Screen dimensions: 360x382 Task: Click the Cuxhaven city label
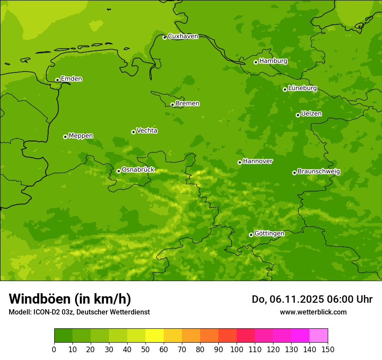click(183, 36)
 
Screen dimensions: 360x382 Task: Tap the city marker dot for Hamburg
click(256, 62)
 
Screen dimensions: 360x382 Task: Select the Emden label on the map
click(71, 79)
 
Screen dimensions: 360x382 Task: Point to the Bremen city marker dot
click(172, 105)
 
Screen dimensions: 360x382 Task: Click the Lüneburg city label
click(302, 88)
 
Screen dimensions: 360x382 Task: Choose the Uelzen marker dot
click(298, 115)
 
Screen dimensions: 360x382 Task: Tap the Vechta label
click(147, 131)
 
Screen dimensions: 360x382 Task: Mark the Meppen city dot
click(65, 137)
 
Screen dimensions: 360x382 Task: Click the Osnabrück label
click(138, 170)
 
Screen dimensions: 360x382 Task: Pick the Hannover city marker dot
click(240, 162)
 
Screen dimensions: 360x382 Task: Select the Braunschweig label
click(319, 172)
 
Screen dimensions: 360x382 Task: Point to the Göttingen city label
click(269, 233)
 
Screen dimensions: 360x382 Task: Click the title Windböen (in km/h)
click(70, 299)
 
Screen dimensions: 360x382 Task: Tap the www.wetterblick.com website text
click(313, 312)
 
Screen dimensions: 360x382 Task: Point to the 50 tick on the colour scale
click(145, 349)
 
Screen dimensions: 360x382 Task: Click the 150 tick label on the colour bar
click(328, 349)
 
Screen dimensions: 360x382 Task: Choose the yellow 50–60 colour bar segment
click(155, 336)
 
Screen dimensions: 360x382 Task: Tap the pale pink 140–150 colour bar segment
click(319, 336)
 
